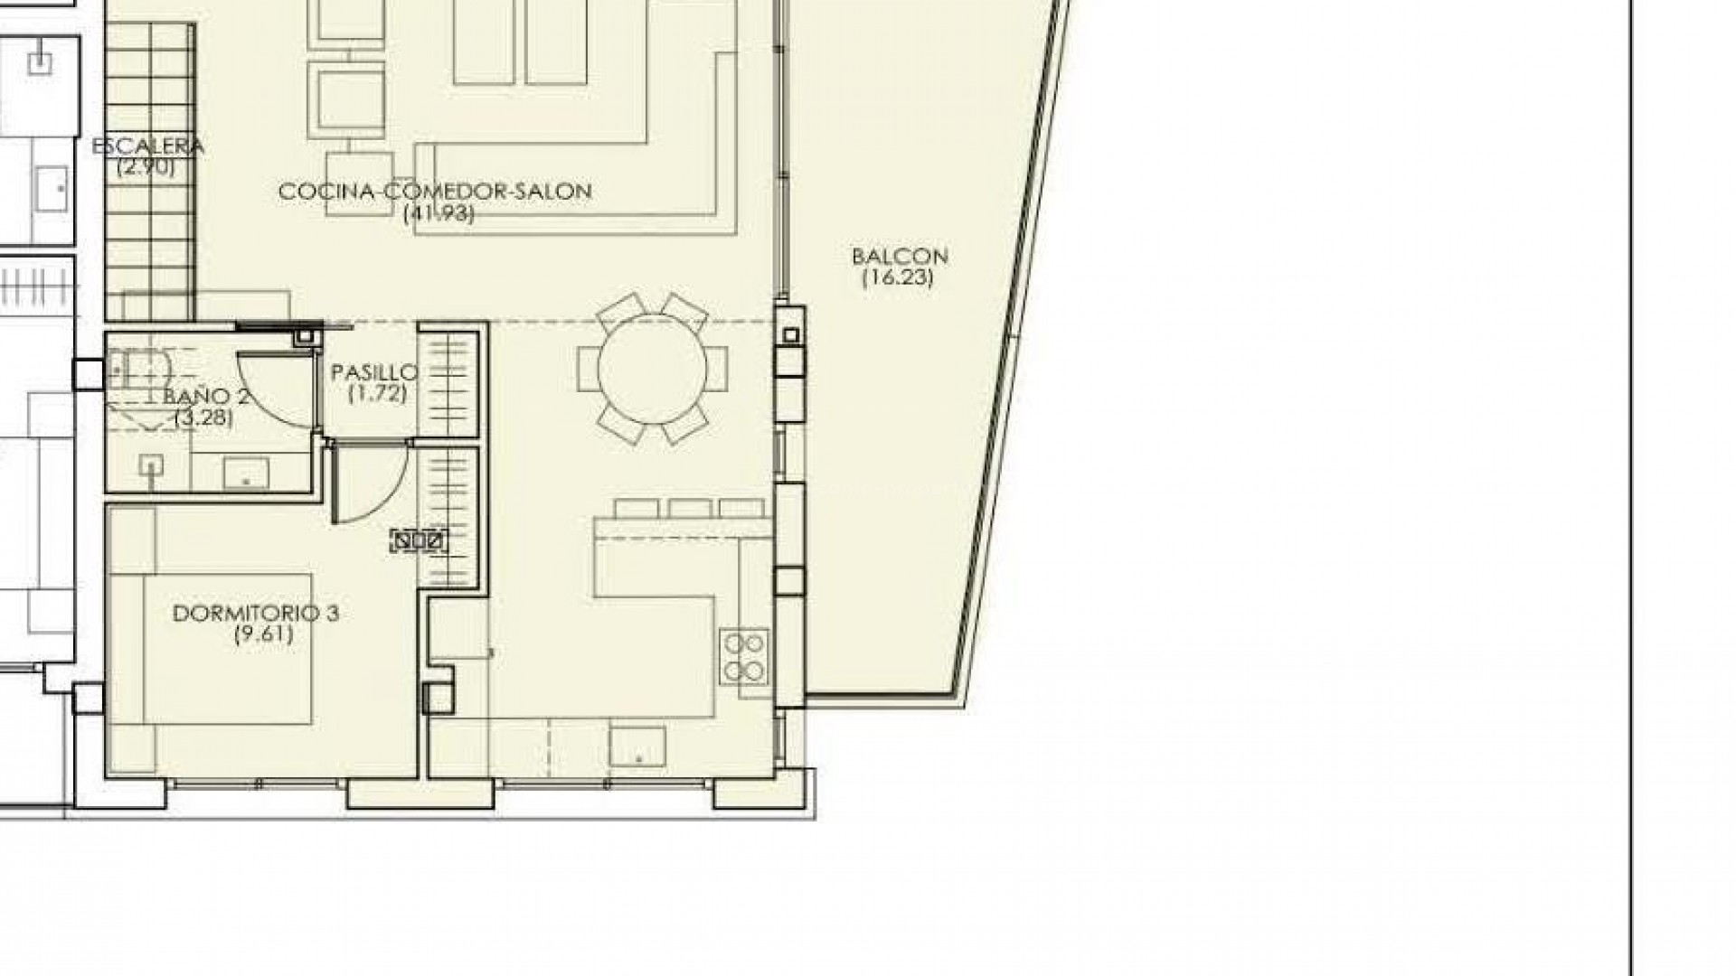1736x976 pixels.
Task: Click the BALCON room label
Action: click(x=900, y=257)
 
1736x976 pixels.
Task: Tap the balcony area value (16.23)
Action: click(x=897, y=277)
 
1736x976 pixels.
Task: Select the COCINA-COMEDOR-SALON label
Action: click(x=435, y=192)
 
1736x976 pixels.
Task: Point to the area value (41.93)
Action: click(x=439, y=213)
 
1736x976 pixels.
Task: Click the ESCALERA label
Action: click(x=147, y=146)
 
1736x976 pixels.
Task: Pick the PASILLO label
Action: click(x=374, y=372)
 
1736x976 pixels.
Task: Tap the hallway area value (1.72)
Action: click(x=377, y=393)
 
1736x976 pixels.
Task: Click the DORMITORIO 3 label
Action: click(x=255, y=614)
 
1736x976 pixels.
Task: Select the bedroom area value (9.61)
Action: click(x=263, y=633)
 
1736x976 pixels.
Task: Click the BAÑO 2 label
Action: click(x=206, y=397)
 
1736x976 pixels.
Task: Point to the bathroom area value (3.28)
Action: click(x=205, y=418)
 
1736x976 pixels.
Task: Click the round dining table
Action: click(x=652, y=370)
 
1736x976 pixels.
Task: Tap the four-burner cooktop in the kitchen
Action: click(x=745, y=656)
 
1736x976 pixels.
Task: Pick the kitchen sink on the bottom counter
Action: click(x=637, y=746)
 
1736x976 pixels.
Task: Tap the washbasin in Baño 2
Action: click(x=249, y=472)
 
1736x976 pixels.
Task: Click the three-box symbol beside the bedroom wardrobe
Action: click(x=419, y=541)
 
